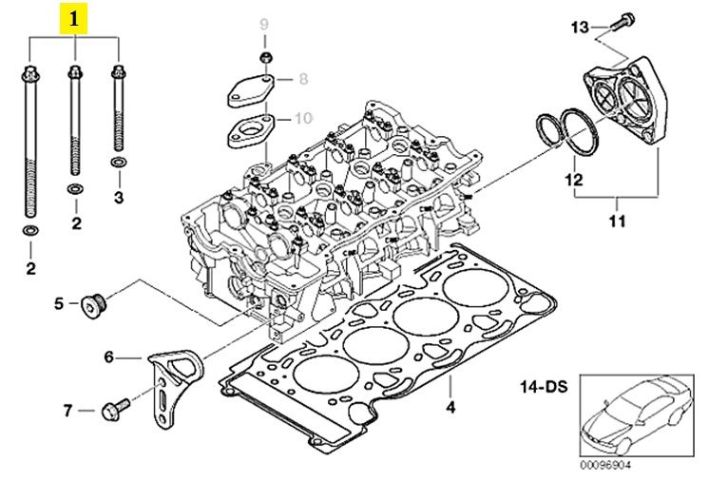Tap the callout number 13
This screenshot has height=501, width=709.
click(580, 28)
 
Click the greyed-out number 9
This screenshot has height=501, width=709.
click(264, 25)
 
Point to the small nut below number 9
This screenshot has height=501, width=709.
click(265, 57)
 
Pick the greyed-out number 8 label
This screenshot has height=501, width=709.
click(303, 79)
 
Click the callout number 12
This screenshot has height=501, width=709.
click(574, 180)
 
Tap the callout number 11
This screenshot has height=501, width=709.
click(617, 222)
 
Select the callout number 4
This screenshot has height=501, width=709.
click(450, 408)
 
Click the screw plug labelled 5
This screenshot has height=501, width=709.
click(93, 306)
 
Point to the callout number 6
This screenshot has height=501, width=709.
click(109, 357)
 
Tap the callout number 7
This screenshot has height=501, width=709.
click(67, 411)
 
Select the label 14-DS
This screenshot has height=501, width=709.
click(544, 387)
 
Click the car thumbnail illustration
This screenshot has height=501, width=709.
click(637, 415)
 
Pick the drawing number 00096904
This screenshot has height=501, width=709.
click(605, 465)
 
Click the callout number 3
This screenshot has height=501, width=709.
click(119, 197)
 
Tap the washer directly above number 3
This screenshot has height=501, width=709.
click(119, 162)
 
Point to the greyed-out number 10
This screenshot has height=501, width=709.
click(303, 119)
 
